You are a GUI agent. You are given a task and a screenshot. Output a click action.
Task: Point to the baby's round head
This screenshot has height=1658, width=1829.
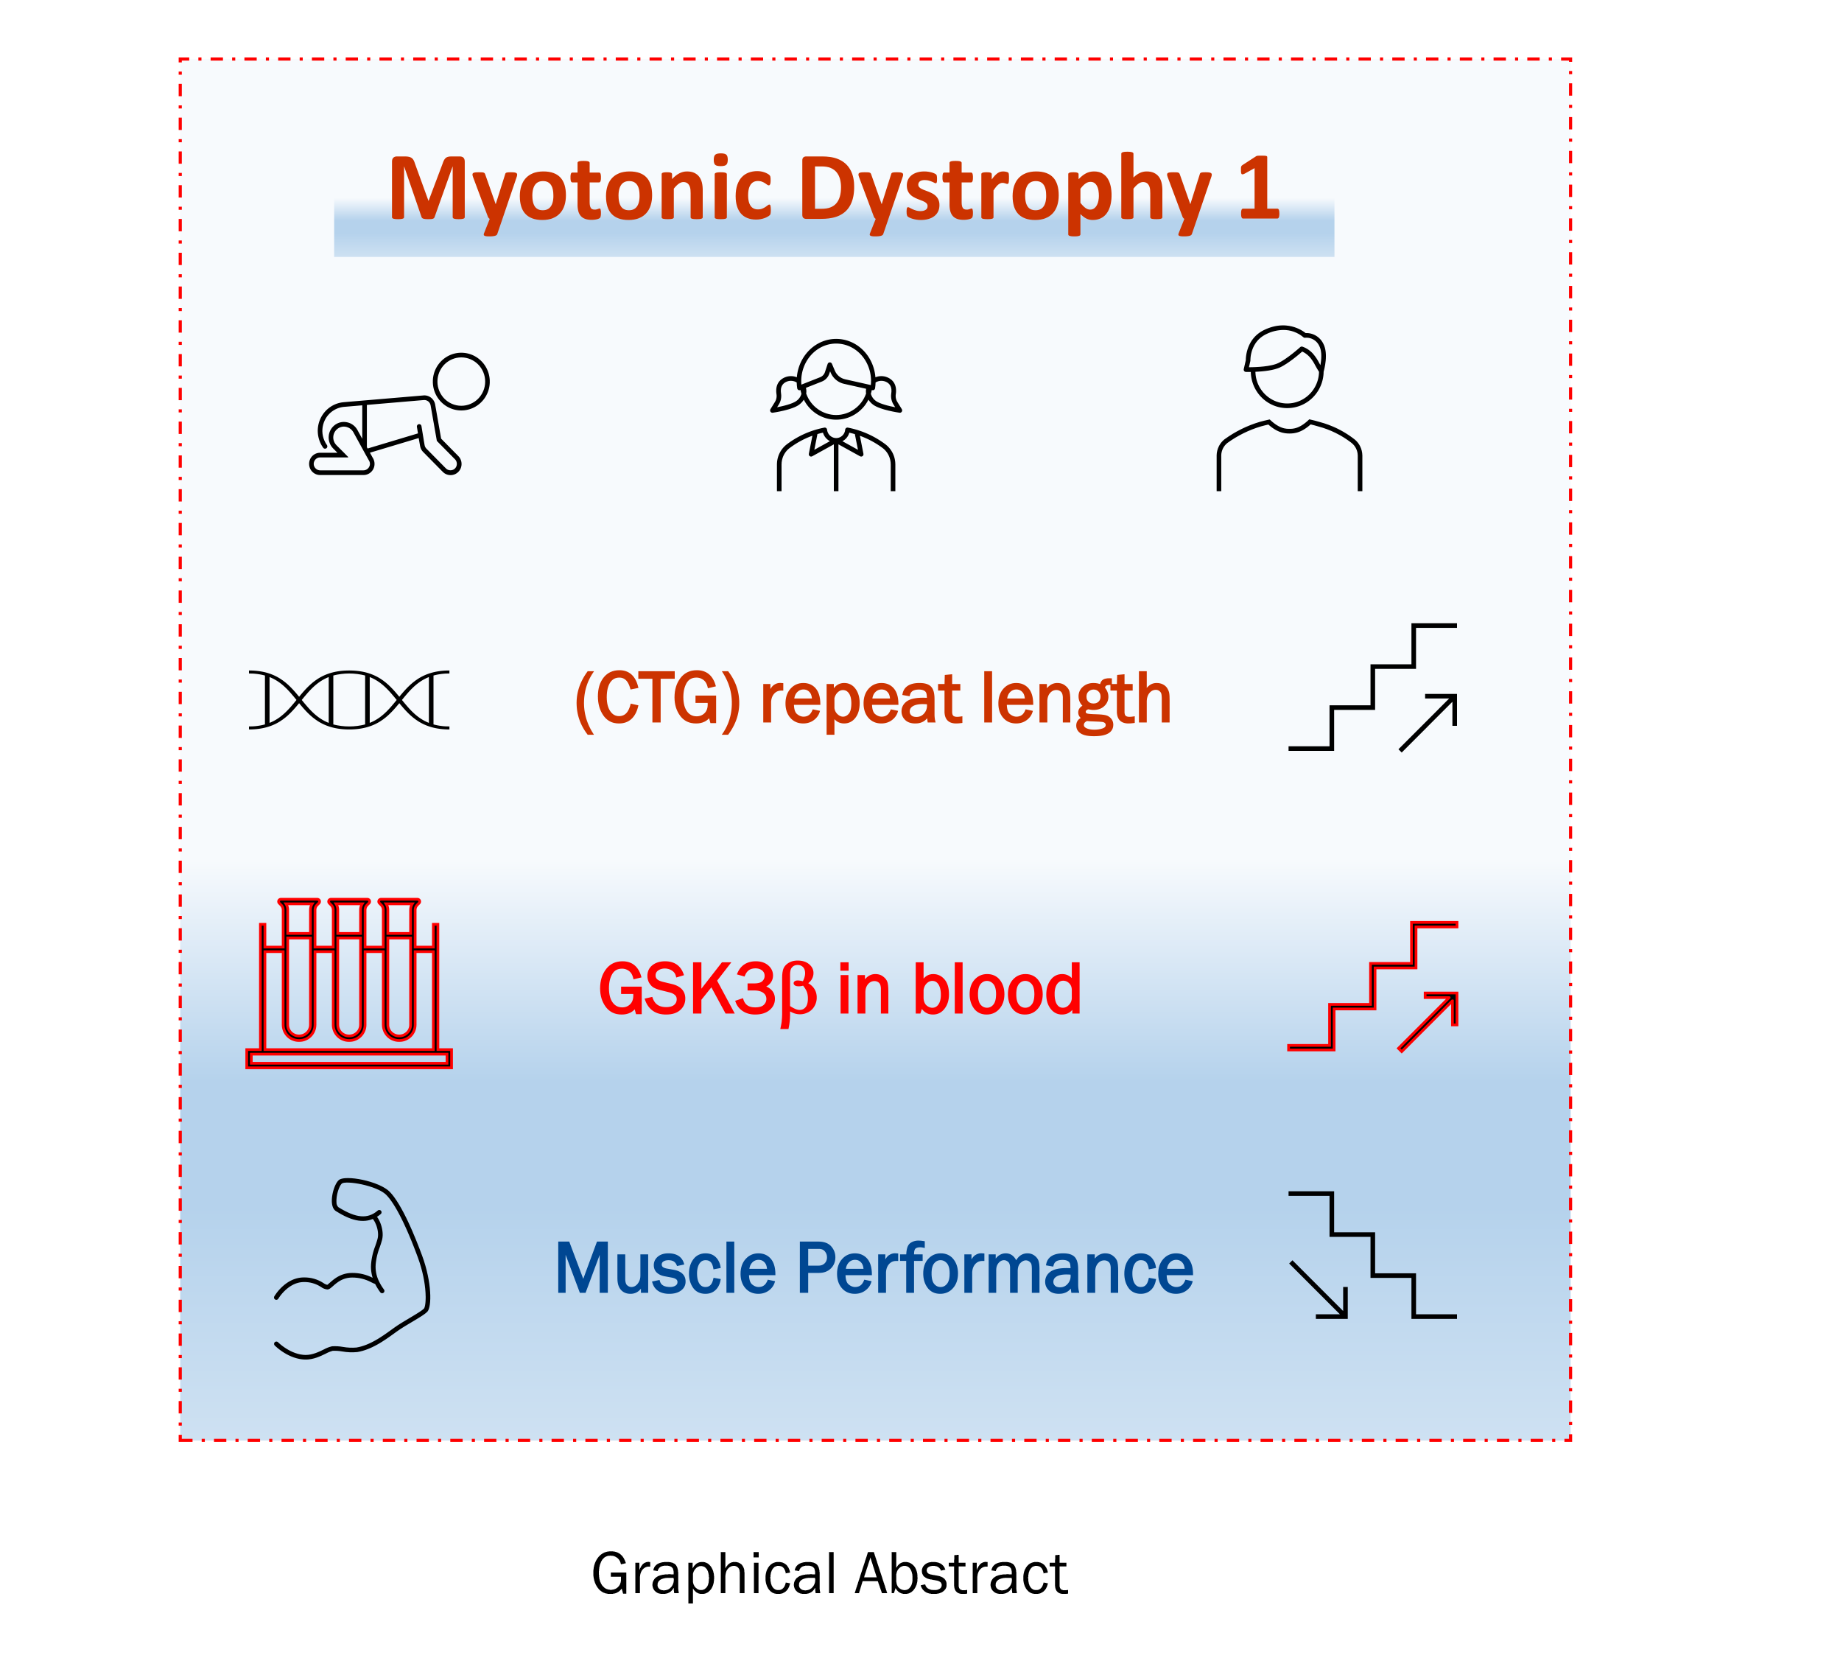pyautogui.click(x=461, y=381)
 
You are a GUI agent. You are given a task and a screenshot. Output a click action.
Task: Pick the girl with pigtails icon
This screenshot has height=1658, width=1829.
pyautogui.click(x=835, y=416)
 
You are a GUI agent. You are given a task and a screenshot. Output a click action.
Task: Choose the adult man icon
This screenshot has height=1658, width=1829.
pyautogui.click(x=1288, y=408)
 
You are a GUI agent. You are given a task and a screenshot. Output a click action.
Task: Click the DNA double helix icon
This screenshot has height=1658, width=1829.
pyautogui.click(x=348, y=700)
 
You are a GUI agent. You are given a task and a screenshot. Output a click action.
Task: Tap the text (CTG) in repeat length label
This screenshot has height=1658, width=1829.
pyautogui.click(x=658, y=700)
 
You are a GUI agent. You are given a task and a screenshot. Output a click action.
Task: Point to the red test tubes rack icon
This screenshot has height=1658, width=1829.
pyautogui.click(x=348, y=984)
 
